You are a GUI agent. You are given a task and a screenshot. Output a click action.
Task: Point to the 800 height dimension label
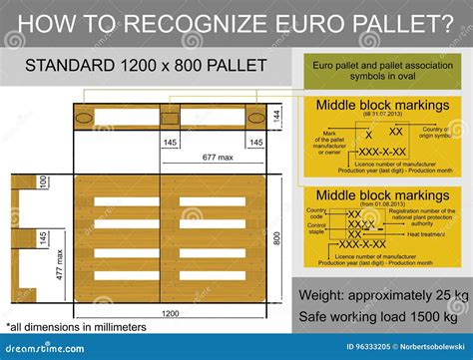click(278, 239)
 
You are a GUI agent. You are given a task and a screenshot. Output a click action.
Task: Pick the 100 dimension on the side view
click(43, 182)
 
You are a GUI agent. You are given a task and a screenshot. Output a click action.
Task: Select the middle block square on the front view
click(170, 118)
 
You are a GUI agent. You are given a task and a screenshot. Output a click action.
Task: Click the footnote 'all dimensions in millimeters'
click(78, 326)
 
